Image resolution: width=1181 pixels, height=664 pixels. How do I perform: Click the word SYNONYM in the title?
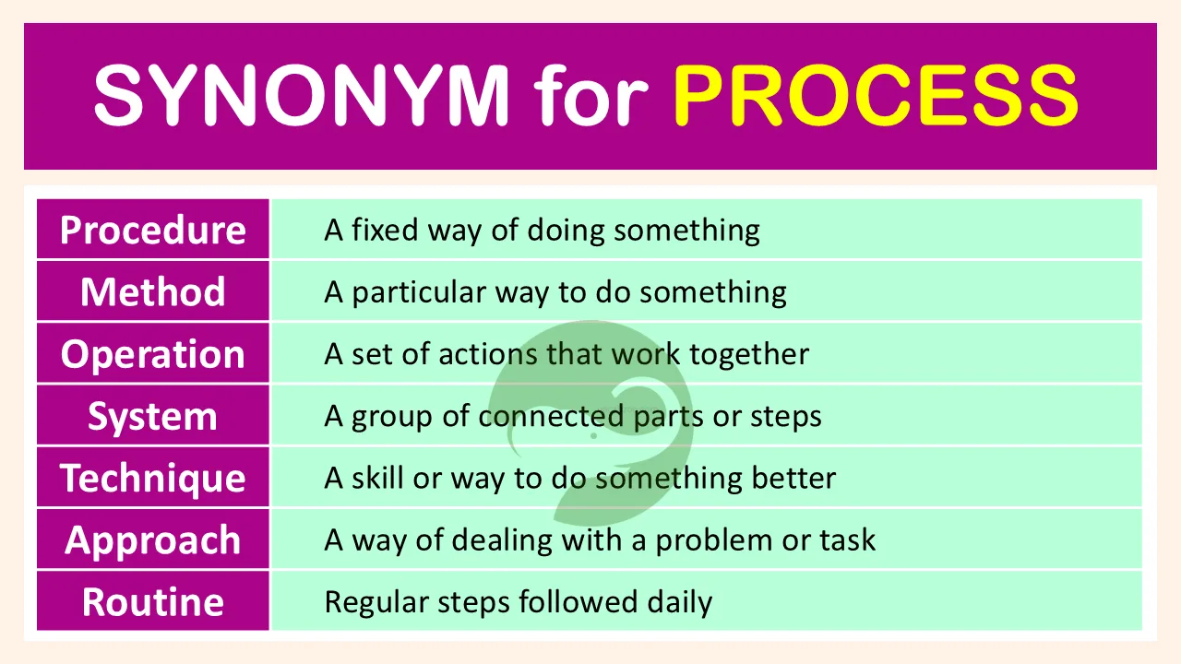[x=302, y=95]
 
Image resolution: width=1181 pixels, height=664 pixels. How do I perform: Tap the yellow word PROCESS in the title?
[x=877, y=95]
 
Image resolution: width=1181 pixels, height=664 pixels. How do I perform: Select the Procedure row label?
[x=153, y=231]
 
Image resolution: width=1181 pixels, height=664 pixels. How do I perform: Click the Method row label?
[x=153, y=291]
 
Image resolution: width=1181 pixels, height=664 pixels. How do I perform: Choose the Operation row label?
[x=153, y=354]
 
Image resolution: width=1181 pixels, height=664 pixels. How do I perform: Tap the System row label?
[x=153, y=417]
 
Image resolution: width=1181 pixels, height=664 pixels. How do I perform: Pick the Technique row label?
[x=153, y=479]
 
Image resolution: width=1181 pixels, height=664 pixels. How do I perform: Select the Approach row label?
[x=153, y=540]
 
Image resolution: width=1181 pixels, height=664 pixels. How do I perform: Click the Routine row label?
[x=153, y=602]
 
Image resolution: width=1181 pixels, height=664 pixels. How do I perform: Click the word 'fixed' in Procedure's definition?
[x=385, y=230]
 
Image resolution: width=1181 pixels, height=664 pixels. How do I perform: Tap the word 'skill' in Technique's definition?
[x=378, y=478]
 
